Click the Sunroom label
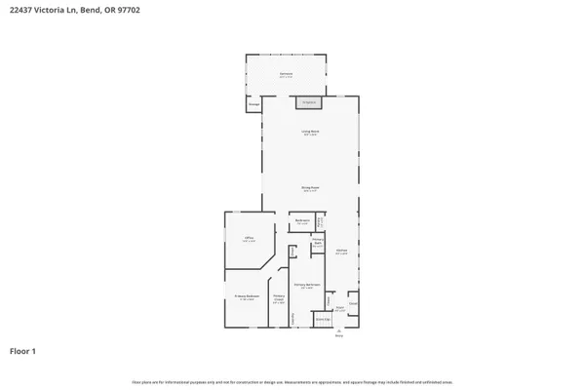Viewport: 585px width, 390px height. [x=286, y=74]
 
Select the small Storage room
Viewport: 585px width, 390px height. [x=253, y=103]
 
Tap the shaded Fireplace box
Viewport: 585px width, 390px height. [x=309, y=101]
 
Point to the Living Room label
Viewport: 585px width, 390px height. [x=309, y=132]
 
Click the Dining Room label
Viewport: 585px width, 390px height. [x=309, y=189]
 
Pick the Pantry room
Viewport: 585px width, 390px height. [x=319, y=223]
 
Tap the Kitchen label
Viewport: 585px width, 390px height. [x=342, y=252]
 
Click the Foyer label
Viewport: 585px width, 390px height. [x=339, y=309]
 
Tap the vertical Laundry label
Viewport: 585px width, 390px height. [x=292, y=317]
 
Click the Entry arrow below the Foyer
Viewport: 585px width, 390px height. [x=339, y=331]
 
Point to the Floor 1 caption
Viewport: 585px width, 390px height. [x=23, y=350]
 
